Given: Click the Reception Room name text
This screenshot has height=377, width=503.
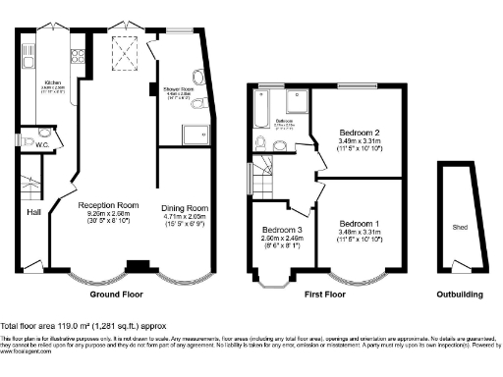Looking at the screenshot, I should [108, 205].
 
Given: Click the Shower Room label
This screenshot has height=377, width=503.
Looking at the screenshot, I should [178, 89].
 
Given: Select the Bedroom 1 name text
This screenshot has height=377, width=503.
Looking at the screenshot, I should [361, 225].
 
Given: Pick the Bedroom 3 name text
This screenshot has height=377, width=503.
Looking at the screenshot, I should [273, 229].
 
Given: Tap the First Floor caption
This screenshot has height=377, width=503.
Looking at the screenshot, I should [324, 294].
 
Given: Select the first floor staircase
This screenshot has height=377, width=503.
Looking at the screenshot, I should [263, 183].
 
